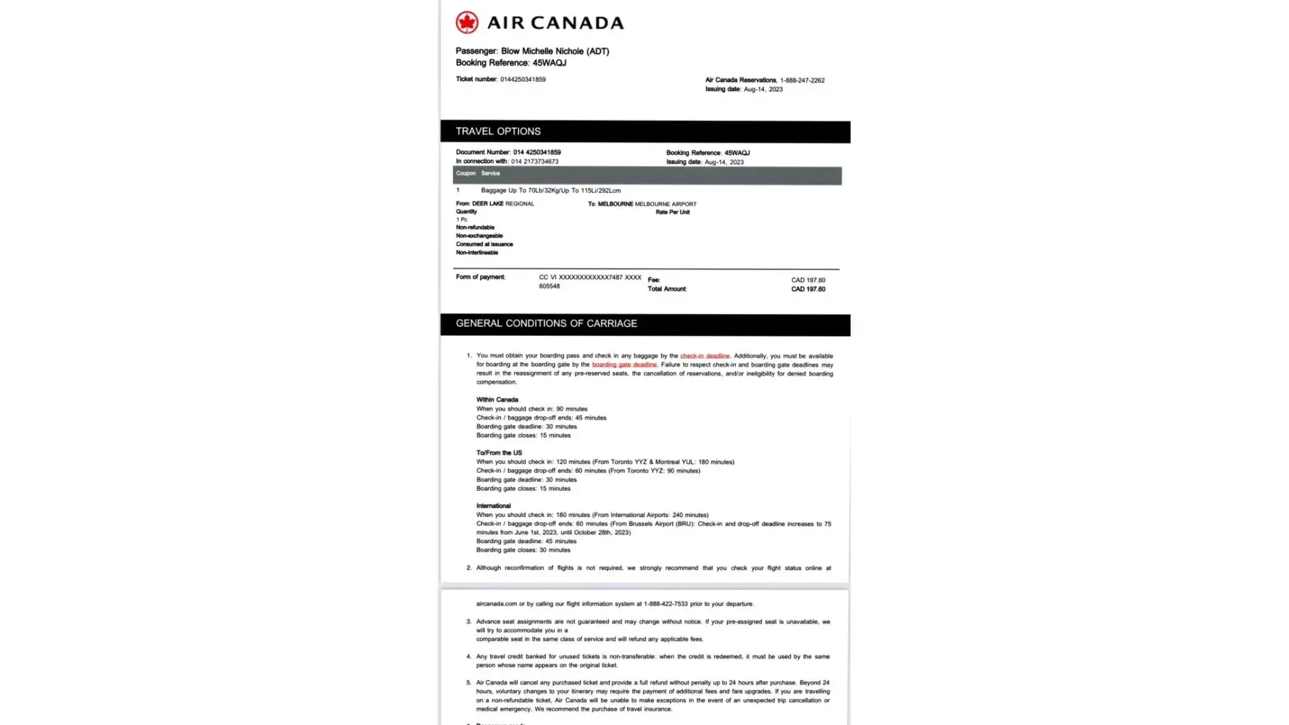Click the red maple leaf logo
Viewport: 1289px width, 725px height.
pyautogui.click(x=467, y=22)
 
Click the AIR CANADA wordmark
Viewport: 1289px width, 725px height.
pyautogui.click(x=555, y=23)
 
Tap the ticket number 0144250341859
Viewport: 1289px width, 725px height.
pyautogui.click(x=523, y=80)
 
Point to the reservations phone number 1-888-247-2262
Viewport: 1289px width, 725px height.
pyautogui.click(x=802, y=80)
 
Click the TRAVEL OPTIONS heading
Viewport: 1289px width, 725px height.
pyautogui.click(x=498, y=131)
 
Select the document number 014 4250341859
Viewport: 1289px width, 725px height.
pyautogui.click(x=536, y=152)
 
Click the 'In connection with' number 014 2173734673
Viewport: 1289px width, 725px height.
pyautogui.click(x=534, y=162)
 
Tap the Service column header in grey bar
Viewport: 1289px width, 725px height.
pyautogui.click(x=490, y=173)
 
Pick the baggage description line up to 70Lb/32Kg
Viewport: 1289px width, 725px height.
pyautogui.click(x=550, y=191)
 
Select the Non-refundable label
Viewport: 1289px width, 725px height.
pyautogui.click(x=475, y=228)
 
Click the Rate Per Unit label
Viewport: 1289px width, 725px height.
pyautogui.click(x=673, y=212)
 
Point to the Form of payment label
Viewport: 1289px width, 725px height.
pyautogui.click(x=480, y=277)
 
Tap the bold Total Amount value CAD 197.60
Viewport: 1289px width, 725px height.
pyautogui.click(x=808, y=289)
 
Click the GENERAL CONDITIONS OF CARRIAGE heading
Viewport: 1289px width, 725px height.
pyautogui.click(x=546, y=323)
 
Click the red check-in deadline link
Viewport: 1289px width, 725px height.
pyautogui.click(x=705, y=356)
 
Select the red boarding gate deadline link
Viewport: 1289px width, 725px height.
pyautogui.click(x=624, y=365)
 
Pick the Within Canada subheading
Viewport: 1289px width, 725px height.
pyautogui.click(x=497, y=399)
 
